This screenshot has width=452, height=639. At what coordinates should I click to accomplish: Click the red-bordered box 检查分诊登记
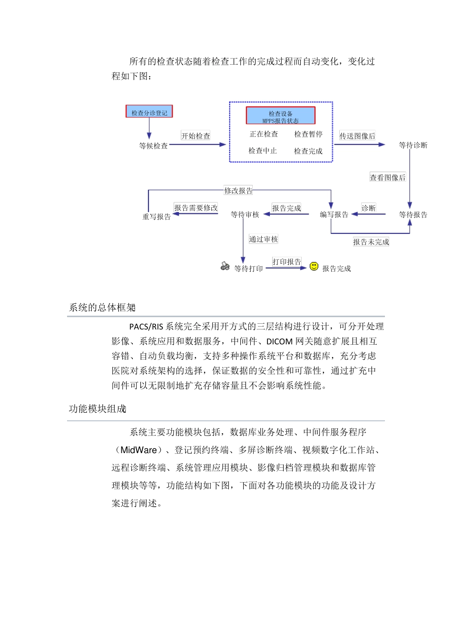click(149, 112)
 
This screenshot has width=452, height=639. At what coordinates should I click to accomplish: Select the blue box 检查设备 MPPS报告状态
click(280, 116)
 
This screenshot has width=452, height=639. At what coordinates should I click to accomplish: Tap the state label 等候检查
click(153, 146)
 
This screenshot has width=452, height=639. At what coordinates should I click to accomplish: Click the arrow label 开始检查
click(196, 136)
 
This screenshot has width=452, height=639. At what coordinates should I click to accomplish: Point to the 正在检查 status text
click(264, 135)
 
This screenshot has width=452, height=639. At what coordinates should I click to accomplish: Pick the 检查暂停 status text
click(308, 135)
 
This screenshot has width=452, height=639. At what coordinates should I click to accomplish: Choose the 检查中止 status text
click(263, 151)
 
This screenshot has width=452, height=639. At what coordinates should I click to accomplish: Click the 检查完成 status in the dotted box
click(308, 151)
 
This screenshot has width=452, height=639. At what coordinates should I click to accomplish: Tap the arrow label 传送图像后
click(357, 136)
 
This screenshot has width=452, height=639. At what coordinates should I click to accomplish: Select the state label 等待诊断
click(413, 145)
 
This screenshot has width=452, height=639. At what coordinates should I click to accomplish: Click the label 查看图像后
click(388, 177)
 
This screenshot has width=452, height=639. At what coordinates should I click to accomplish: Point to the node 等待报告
click(413, 215)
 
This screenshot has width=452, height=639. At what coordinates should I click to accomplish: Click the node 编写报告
click(334, 215)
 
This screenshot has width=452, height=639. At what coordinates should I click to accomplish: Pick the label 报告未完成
click(371, 242)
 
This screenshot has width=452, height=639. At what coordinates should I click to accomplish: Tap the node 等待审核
click(245, 215)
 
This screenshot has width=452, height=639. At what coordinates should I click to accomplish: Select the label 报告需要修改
click(196, 208)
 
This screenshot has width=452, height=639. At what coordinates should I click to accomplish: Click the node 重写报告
click(157, 217)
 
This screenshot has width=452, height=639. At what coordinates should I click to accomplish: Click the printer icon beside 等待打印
click(225, 266)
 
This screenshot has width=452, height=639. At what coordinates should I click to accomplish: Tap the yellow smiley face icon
click(314, 266)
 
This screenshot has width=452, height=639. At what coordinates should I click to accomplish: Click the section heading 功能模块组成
click(98, 409)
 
